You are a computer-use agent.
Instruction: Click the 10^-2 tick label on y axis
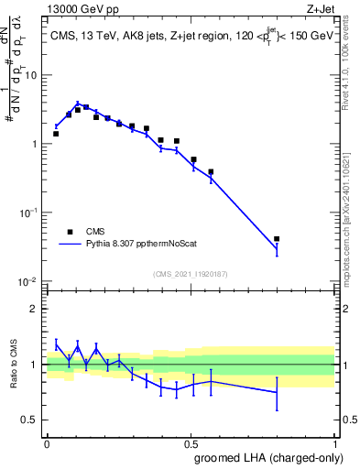[27, 281]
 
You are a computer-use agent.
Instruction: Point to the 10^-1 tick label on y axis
[27, 213]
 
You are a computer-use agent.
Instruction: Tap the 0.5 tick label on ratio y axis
[30, 420]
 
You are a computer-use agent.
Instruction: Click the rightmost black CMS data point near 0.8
[277, 239]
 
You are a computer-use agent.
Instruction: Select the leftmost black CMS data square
[56, 134]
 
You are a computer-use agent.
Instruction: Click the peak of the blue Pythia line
[78, 104]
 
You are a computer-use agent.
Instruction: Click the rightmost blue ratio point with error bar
[277, 392]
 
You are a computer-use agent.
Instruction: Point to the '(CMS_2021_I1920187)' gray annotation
[191, 273]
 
